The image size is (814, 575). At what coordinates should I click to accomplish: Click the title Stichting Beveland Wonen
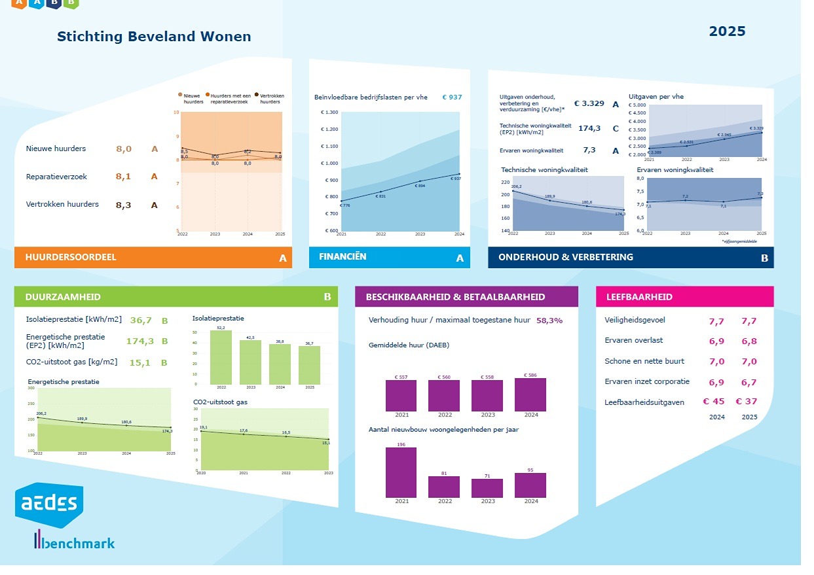click(154, 37)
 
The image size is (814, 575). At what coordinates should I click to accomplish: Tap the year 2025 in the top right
click(727, 31)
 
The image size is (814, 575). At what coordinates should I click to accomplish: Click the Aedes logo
click(49, 504)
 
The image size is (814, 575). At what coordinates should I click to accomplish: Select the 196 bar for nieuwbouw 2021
click(401, 472)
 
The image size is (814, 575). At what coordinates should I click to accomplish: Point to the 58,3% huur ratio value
click(549, 321)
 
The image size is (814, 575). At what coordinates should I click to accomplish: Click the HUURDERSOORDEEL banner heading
click(71, 257)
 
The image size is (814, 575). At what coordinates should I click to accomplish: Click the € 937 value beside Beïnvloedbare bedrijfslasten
click(452, 97)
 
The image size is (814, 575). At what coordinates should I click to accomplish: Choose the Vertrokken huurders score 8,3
click(124, 205)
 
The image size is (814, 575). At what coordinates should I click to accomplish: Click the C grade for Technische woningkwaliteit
click(615, 128)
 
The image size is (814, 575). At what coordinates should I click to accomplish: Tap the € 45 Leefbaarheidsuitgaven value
click(713, 402)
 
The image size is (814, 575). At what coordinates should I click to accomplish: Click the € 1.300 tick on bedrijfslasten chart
click(329, 113)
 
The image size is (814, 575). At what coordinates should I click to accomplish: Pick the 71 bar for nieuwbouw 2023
click(487, 488)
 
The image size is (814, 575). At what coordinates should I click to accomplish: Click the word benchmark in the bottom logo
click(83, 543)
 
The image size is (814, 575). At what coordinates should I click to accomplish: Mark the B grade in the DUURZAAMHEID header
click(327, 297)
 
